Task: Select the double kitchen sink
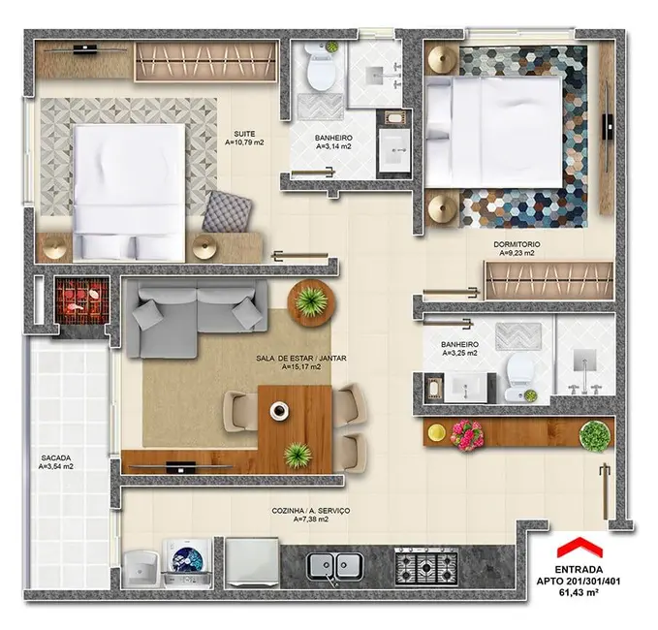point(335,563)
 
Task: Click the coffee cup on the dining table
point(279,410)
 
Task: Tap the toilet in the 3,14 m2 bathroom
point(319,69)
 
